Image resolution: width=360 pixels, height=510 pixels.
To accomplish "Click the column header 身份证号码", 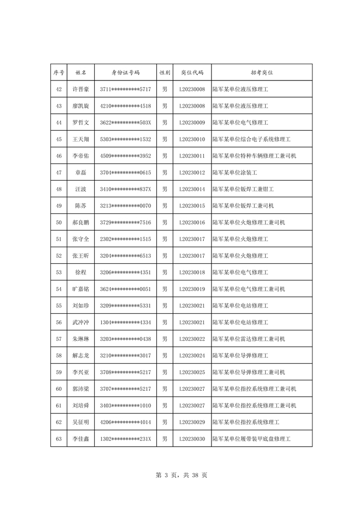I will (x=126, y=73).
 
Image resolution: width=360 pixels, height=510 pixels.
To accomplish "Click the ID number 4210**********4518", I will (x=126, y=106).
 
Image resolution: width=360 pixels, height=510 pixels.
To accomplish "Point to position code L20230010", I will (x=192, y=139).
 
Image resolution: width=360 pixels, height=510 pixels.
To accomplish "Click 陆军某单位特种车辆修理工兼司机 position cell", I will (x=254, y=156).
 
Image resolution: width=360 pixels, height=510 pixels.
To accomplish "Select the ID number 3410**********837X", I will (x=126, y=189).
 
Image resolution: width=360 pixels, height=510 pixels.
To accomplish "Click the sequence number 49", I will (x=59, y=206).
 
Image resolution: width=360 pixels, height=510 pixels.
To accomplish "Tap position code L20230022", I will (x=192, y=339).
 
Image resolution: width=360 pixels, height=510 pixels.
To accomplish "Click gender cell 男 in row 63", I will (x=164, y=439).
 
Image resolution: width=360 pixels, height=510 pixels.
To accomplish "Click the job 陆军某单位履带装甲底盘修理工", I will (x=251, y=439).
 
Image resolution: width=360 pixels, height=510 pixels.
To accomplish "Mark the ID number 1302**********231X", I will (x=126, y=439).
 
